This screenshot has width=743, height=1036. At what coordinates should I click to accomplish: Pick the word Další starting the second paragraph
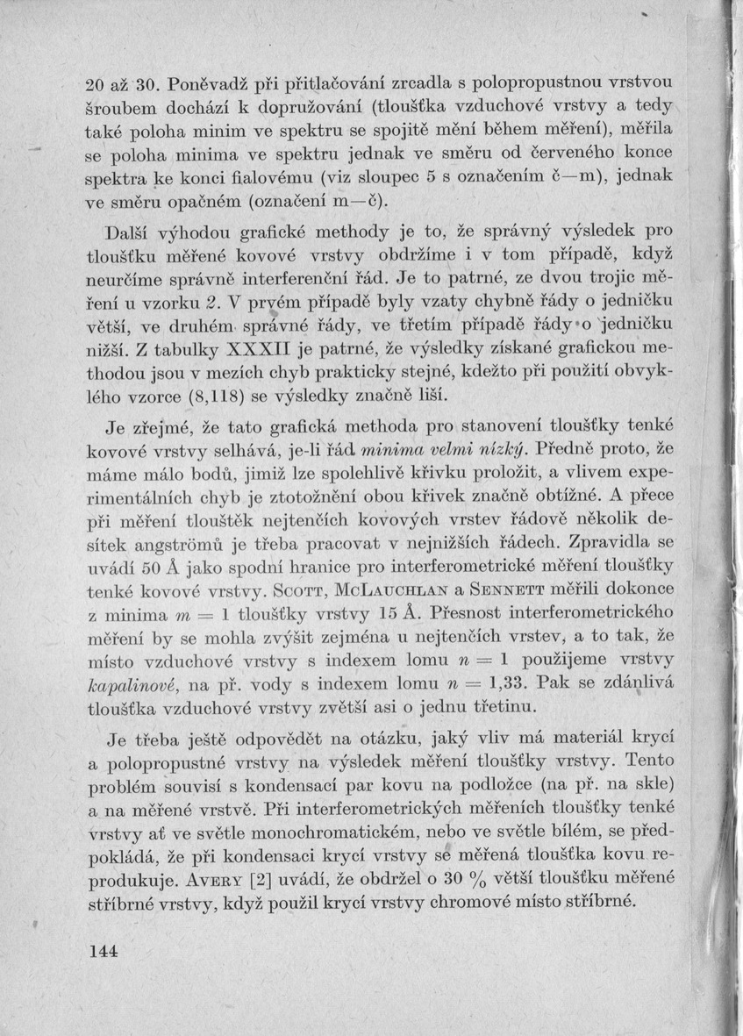pos(129,233)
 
